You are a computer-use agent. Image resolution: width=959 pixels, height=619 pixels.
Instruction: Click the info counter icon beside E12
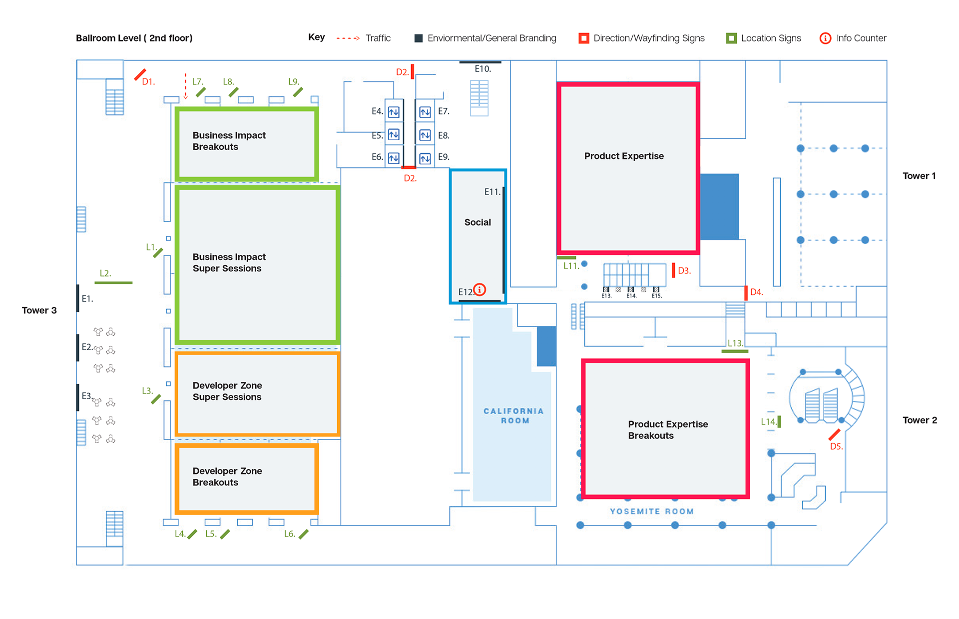coord(479,289)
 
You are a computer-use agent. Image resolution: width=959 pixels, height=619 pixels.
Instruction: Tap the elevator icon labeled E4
coord(394,112)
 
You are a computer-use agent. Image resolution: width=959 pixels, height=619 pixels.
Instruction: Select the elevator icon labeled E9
coord(425,158)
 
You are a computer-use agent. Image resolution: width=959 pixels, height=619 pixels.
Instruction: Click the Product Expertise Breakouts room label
coord(668,429)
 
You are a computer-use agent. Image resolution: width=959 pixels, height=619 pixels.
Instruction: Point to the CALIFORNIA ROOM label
coord(514,415)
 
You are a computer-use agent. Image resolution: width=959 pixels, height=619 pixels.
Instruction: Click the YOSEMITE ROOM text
coord(652,511)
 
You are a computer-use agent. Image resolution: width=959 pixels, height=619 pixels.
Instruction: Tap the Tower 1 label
coord(919,175)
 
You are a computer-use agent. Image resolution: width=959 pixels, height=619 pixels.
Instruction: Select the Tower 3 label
coord(39,310)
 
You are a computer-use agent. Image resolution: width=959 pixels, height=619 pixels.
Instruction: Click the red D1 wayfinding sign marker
coord(140,75)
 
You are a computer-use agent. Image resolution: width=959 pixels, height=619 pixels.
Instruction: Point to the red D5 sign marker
coord(834,434)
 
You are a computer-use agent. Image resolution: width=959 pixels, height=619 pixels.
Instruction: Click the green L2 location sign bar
coord(113,283)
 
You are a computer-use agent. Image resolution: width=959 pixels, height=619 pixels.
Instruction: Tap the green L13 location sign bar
coord(735,351)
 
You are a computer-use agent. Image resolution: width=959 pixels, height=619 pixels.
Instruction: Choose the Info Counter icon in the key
coord(825,38)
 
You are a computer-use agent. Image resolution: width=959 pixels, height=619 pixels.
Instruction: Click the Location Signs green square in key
coord(731,38)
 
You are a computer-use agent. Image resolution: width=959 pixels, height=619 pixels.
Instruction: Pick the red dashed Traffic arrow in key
coord(348,38)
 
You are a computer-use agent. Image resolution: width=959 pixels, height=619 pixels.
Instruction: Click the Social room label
coord(478,222)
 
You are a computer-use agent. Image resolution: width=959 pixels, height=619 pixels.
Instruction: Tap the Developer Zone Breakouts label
coord(227,476)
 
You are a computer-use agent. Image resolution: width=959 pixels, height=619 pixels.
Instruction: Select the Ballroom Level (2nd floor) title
coord(134,38)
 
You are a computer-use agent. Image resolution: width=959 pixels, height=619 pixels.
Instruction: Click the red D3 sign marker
coord(673,270)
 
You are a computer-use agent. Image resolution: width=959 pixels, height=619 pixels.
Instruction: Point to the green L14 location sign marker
coord(779,421)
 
